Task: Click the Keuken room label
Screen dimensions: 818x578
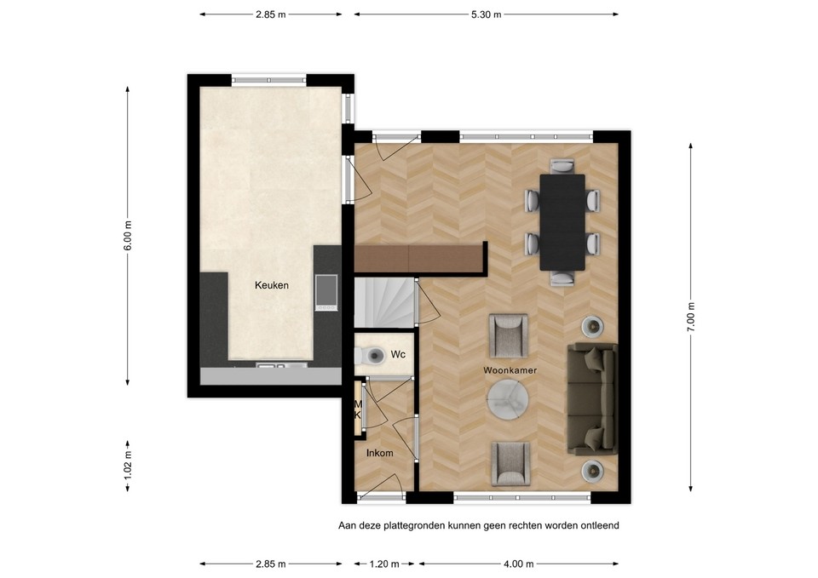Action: coord(271,285)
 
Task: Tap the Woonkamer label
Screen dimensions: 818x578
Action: coord(510,370)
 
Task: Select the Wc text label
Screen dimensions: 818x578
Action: coord(398,354)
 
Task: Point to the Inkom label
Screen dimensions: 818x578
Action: coord(379,453)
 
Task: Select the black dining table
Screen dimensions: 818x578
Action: coord(562,222)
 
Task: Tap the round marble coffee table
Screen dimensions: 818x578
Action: coord(507,399)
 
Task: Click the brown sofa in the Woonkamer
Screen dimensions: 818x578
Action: coord(592,398)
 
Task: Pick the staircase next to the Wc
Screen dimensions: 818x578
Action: coord(385,303)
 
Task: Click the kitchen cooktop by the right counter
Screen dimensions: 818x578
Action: coord(326,292)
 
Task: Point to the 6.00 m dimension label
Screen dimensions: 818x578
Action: coord(128,236)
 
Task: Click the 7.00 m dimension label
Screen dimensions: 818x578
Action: coord(691,317)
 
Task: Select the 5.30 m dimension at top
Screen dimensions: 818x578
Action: coord(487,14)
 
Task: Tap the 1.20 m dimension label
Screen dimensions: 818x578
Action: coord(384,564)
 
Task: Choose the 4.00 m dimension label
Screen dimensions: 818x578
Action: coord(519,564)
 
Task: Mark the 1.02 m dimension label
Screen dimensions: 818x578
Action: coord(128,465)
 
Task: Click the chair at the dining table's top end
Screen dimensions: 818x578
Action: coord(562,166)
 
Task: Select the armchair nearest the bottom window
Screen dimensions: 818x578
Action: coord(510,463)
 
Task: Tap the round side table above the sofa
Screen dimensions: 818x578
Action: coord(593,327)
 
